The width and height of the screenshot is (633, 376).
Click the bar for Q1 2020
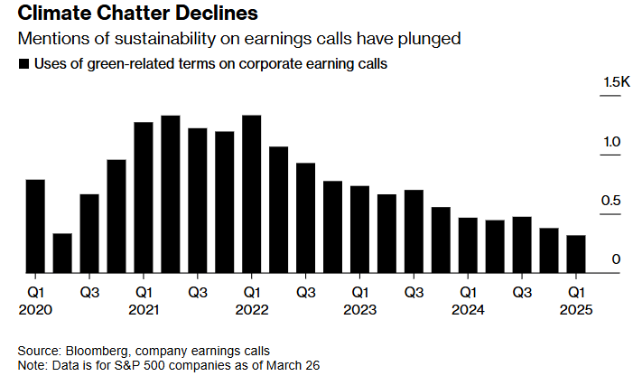click(35, 226)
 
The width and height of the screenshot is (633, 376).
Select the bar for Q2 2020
click(62, 253)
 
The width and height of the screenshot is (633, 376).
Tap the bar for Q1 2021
click(144, 197)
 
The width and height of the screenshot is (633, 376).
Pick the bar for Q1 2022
click(252, 193)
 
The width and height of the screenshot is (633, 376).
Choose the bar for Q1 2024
click(469, 245)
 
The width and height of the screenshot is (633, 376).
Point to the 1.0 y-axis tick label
click(612, 142)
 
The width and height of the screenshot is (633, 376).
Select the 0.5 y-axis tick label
click(612, 201)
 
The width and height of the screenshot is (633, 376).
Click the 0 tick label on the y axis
click(617, 259)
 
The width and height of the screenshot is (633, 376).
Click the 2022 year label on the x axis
click(252, 309)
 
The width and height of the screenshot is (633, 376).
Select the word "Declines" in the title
click(220, 14)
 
